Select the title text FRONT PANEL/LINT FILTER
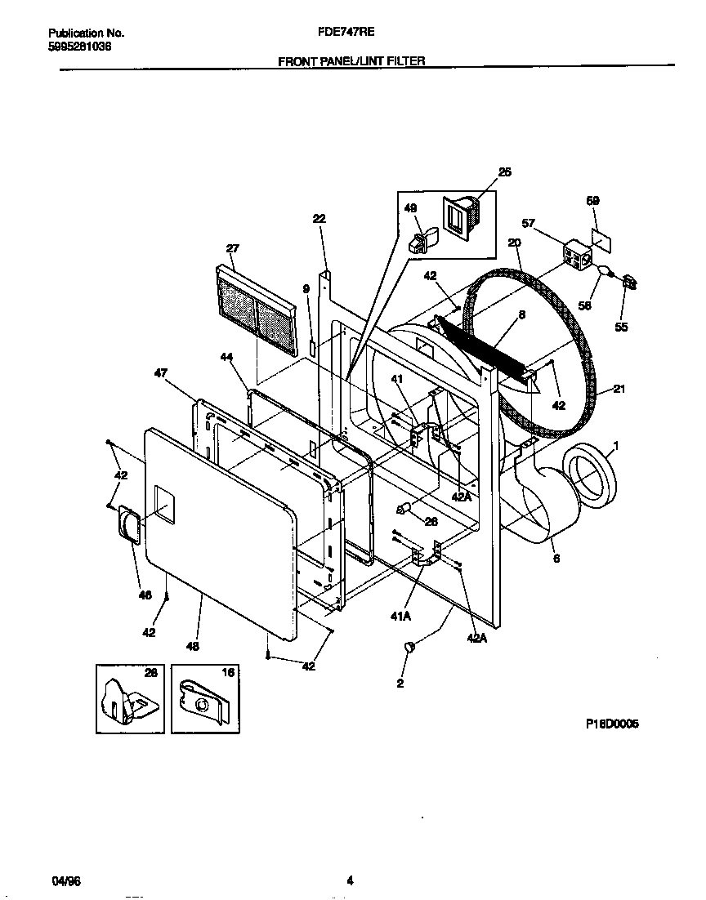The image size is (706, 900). point(351,60)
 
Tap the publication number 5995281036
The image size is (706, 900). point(80,47)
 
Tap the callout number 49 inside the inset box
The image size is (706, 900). point(410,209)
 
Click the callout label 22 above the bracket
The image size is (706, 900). point(319,218)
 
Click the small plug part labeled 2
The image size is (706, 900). point(409,647)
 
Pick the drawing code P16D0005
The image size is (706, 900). point(611,724)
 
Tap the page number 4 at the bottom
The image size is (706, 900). point(350,880)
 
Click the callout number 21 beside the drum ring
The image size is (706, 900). point(619,390)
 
